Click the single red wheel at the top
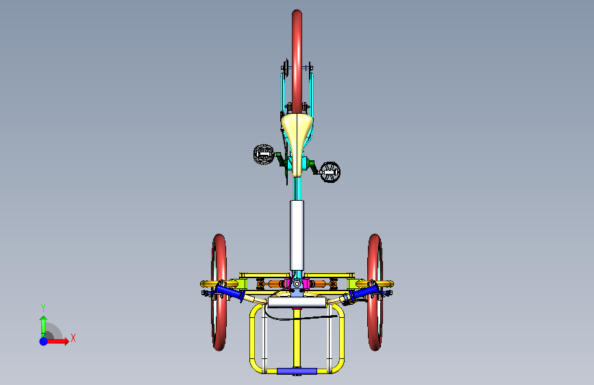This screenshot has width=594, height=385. (297, 61)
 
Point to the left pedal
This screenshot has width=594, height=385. (263, 154)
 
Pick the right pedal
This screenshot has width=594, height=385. (330, 172)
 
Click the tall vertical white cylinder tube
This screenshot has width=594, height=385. (297, 236)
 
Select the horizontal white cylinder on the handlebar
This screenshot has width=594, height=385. (297, 302)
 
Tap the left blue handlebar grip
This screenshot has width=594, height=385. (230, 293)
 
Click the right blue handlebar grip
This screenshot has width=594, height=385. (364, 293)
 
